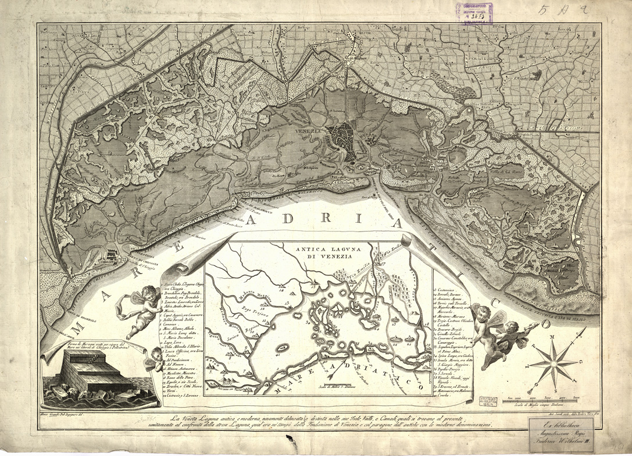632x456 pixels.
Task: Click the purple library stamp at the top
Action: (x=474, y=13)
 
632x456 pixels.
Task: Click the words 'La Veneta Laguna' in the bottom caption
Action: (x=195, y=418)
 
